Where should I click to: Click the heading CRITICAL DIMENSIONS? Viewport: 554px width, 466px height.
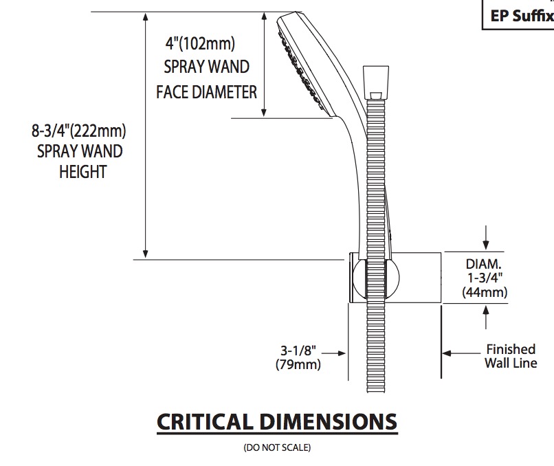pos(277,421)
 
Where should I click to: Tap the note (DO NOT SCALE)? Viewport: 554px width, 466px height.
pos(277,447)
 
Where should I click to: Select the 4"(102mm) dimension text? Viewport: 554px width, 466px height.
pos(200,43)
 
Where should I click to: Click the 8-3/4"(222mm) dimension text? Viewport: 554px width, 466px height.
pos(79,131)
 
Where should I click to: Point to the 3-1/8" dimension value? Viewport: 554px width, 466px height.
pos(298,351)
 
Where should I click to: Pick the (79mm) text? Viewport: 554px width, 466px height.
pos(298,364)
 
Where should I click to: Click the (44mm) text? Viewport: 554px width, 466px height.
pos(485,292)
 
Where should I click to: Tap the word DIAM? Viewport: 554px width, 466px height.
pos(483,264)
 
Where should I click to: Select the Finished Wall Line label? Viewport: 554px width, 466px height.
pos(511,356)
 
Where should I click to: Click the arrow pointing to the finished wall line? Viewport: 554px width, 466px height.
pos(461,353)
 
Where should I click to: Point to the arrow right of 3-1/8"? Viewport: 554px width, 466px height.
pos(333,353)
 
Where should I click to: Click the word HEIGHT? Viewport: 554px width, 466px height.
pos(82,173)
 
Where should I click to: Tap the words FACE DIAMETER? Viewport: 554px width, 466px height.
pos(206,92)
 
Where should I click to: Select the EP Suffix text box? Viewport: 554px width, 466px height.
pos(518,14)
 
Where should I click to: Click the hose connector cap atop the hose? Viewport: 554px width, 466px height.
pos(376,82)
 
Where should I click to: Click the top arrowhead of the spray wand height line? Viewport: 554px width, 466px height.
pos(145,16)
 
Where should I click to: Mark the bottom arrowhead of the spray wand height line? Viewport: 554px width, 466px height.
pos(145,254)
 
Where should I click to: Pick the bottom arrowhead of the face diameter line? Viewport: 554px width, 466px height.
pos(263,112)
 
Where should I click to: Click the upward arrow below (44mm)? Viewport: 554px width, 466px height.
pos(486,317)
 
